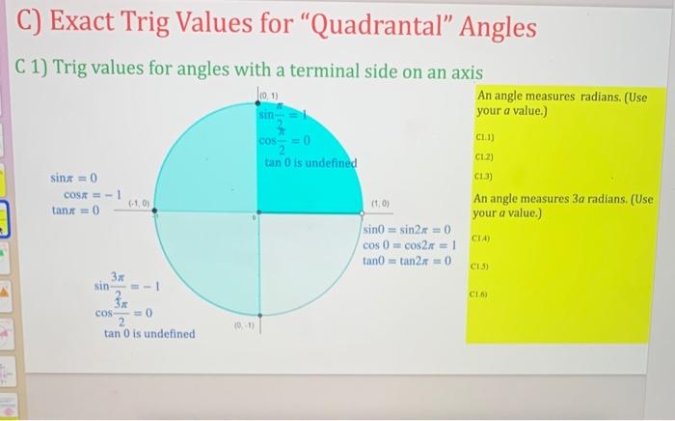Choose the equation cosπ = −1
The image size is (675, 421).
[x=88, y=194]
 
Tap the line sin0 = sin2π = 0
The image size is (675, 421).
[x=408, y=230]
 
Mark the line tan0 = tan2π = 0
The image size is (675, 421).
[x=409, y=261]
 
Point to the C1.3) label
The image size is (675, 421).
[x=484, y=177]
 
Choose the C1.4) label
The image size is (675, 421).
[x=482, y=238]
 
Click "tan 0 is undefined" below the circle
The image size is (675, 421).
[x=149, y=334]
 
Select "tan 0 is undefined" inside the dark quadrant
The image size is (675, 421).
[x=310, y=162]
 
